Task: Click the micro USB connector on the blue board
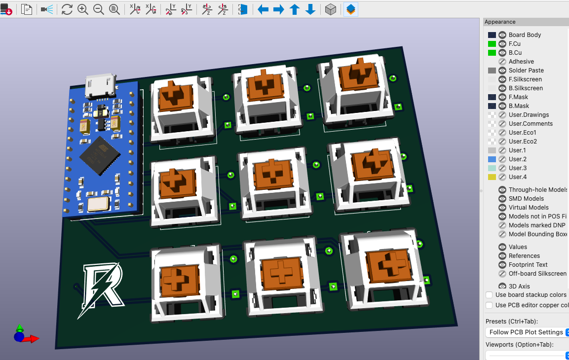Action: tap(100, 87)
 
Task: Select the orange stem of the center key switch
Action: tap(270, 173)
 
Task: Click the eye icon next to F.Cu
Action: tap(502, 44)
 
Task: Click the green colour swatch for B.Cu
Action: tap(492, 53)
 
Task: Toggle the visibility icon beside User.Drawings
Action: tap(502, 115)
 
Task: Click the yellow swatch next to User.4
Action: tap(492, 177)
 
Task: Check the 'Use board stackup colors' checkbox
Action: tap(489, 295)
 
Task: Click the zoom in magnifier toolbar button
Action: tap(83, 9)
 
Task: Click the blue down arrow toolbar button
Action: tap(310, 9)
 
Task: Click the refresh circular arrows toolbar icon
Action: tap(67, 9)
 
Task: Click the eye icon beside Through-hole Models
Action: tap(502, 190)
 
